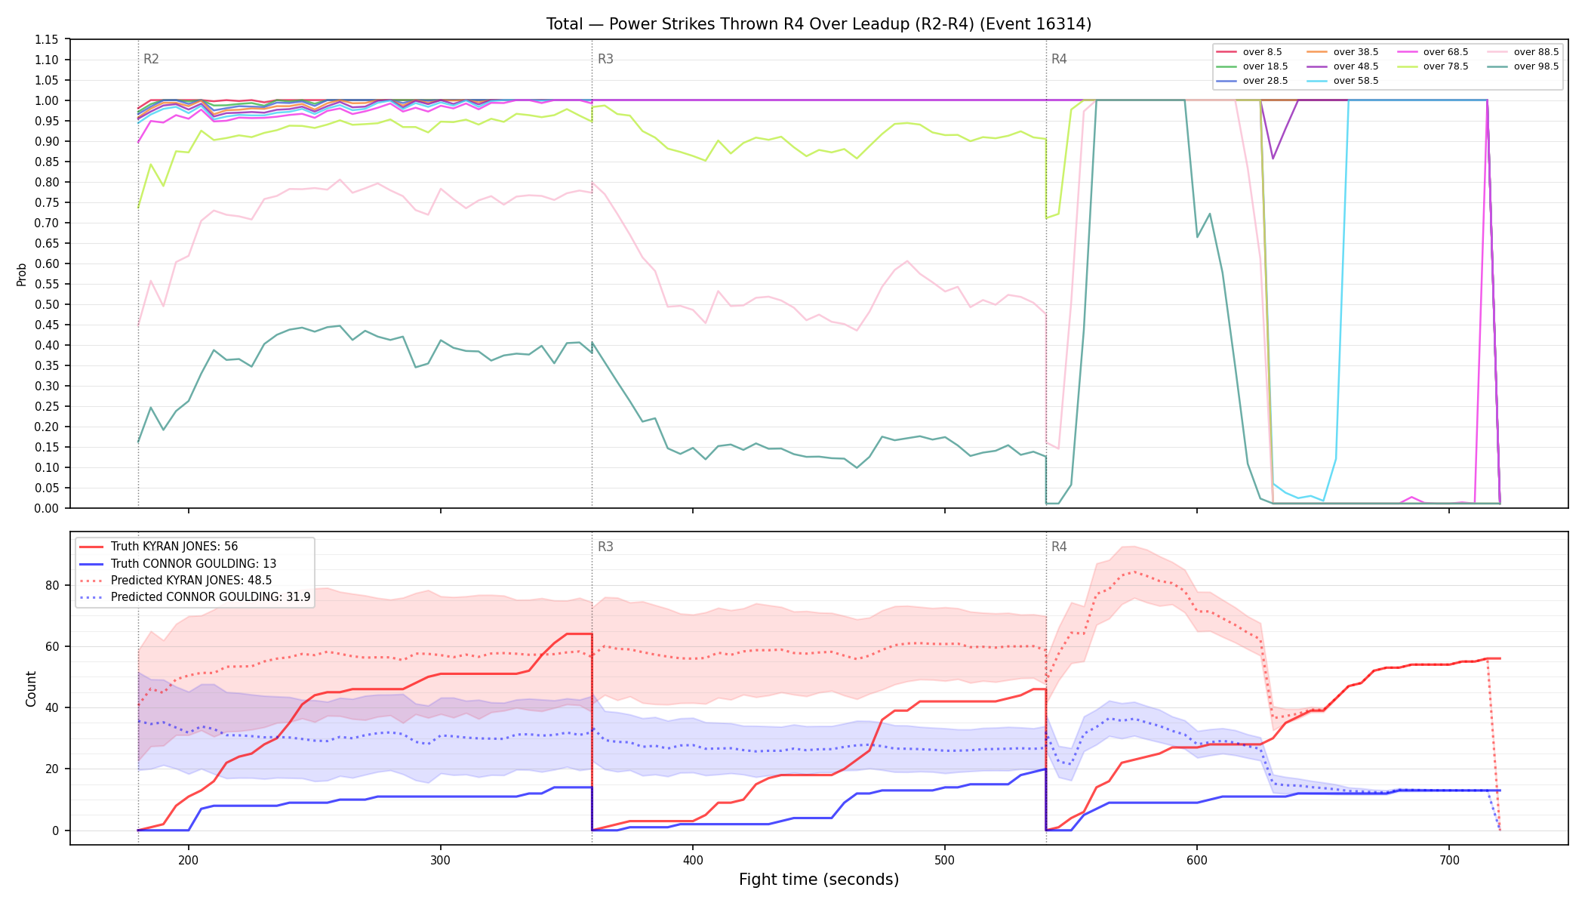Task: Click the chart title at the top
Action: point(819,24)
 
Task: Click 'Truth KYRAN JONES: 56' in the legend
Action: point(159,547)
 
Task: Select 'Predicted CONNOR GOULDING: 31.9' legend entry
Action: point(195,597)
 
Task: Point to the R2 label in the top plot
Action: point(151,59)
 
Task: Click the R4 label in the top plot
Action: point(1059,59)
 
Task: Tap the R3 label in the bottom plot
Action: point(605,547)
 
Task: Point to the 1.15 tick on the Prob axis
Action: point(47,39)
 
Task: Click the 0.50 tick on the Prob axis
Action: point(47,304)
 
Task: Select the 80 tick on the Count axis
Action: point(52,585)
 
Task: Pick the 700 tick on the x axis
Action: point(1449,860)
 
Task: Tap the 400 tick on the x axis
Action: point(693,860)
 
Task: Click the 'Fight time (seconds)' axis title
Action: point(819,880)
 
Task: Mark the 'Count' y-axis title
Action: point(31,689)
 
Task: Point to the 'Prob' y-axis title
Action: point(21,274)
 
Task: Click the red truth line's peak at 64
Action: point(579,634)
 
